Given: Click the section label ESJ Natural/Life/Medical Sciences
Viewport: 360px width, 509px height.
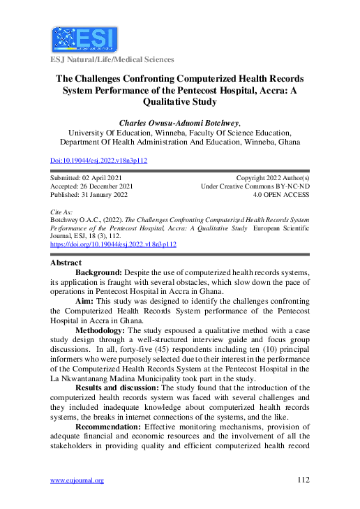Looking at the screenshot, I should point(111,60).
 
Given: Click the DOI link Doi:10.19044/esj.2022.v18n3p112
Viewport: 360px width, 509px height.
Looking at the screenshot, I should point(98,161).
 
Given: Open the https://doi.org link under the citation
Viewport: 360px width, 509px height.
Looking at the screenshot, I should point(113,245).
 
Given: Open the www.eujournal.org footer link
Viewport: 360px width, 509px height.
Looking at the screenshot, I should point(77,480).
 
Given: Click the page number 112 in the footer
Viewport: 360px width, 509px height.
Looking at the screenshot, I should point(302,480).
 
